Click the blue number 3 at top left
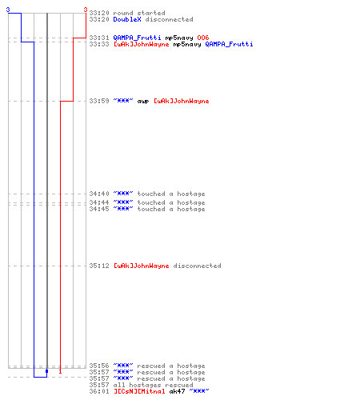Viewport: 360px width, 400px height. [x=8, y=10]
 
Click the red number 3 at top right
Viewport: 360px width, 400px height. [x=86, y=10]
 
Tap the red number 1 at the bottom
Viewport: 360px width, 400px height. [x=60, y=371]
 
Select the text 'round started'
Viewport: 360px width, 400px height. [x=139, y=13]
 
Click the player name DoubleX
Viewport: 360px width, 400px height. [x=127, y=19]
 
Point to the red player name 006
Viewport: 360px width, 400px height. [x=203, y=38]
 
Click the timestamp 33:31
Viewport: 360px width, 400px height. [x=99, y=38]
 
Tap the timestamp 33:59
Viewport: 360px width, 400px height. [x=99, y=101]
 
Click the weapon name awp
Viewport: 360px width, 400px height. [x=143, y=102]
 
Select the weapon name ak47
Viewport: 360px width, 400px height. [x=177, y=391]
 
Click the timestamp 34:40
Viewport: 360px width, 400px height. [x=99, y=194]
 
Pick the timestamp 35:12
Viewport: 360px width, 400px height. [x=99, y=266]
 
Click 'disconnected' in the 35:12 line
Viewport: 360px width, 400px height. [x=197, y=266]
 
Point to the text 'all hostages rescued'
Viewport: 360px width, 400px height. [x=153, y=385]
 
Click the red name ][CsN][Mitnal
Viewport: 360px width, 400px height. [x=139, y=391]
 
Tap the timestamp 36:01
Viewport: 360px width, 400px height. [x=99, y=391]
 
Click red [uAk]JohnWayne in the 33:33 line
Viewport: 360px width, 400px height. [x=142, y=44]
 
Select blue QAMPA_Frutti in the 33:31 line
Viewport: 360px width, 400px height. [x=137, y=38]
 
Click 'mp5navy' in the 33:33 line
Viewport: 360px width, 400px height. [x=187, y=44]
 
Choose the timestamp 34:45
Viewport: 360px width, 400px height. [x=99, y=209]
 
